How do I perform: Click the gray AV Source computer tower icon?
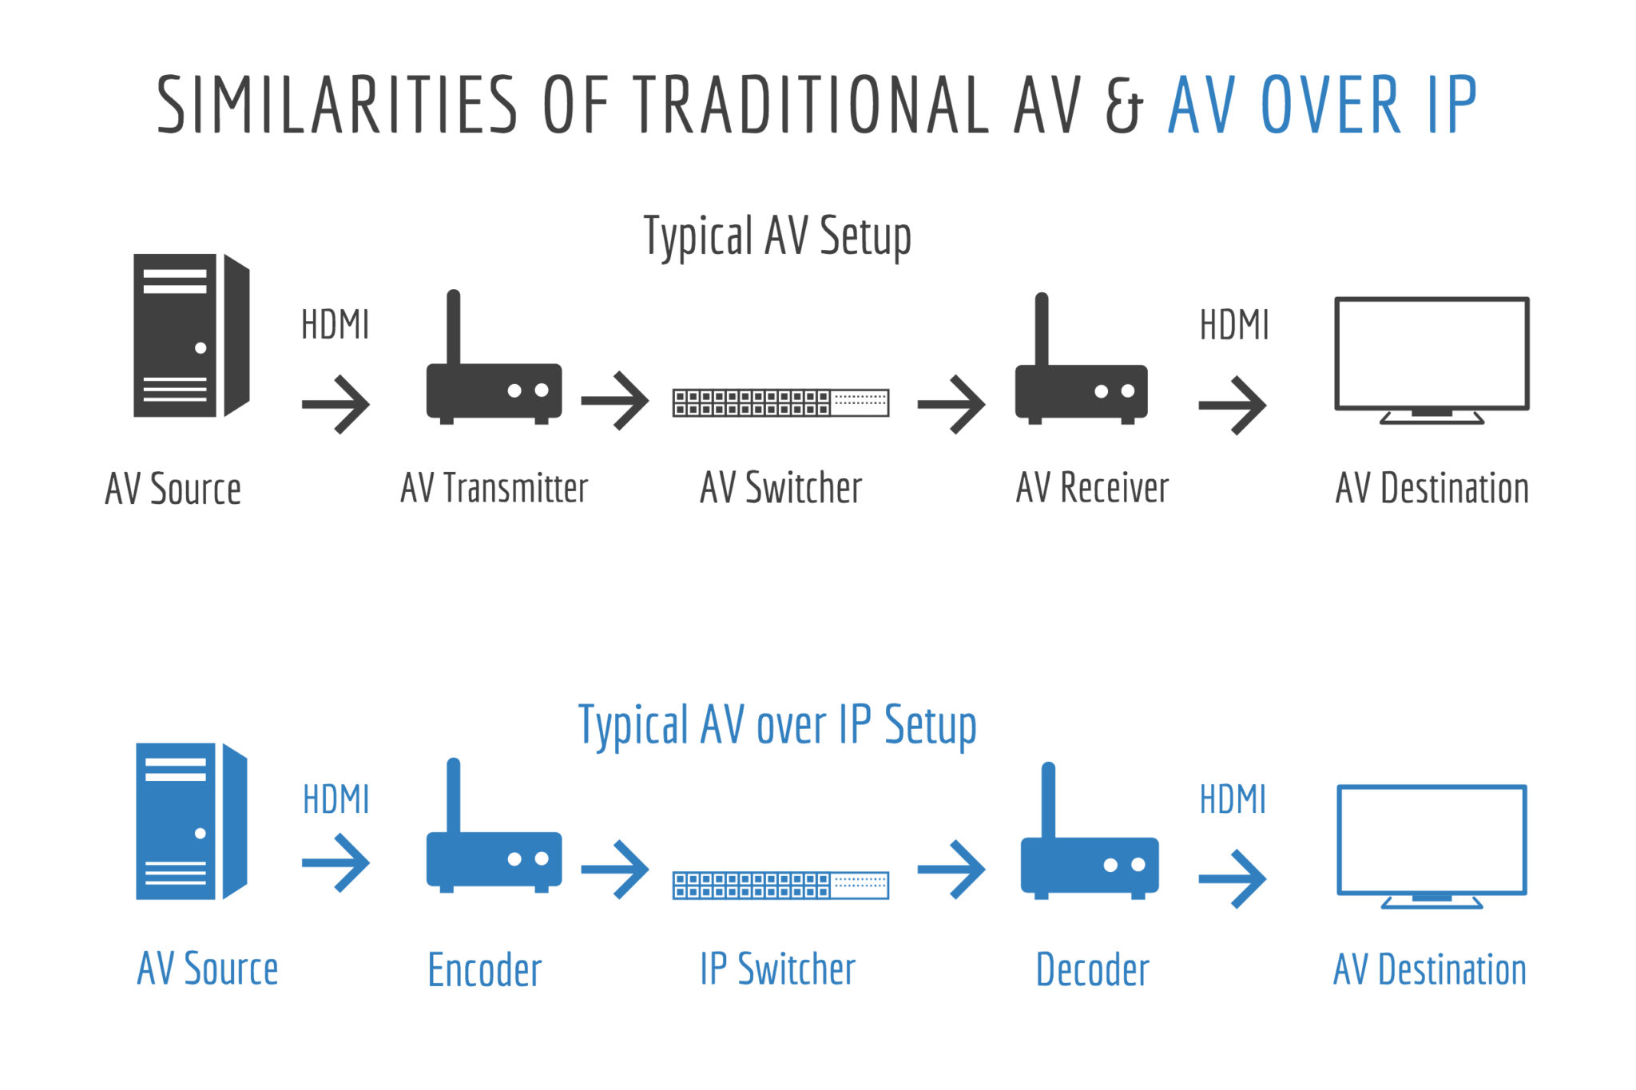(x=192, y=335)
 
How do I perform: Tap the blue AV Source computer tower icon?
(x=192, y=822)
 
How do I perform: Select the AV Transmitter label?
(x=494, y=488)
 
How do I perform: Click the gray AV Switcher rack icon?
(x=780, y=402)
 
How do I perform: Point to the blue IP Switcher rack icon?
(x=780, y=886)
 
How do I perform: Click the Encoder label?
(x=485, y=970)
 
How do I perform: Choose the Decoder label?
(x=1092, y=970)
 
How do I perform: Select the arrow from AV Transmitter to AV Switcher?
(x=615, y=400)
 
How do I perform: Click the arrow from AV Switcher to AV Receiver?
(x=951, y=404)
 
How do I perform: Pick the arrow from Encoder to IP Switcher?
(x=615, y=869)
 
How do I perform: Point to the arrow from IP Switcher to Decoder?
(x=951, y=869)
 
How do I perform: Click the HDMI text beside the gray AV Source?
(x=336, y=325)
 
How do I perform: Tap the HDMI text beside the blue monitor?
(x=1233, y=799)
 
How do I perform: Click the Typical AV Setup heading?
(x=777, y=236)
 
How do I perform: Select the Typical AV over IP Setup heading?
(x=777, y=726)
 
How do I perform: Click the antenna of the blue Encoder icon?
(x=453, y=795)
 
